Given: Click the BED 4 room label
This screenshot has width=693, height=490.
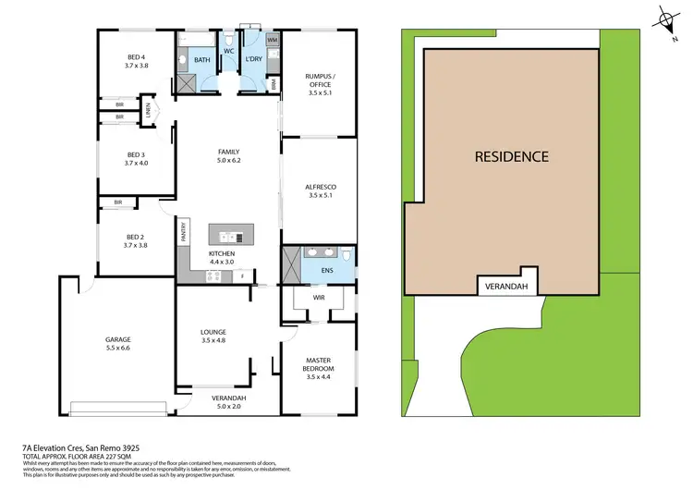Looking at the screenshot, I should pos(136,61).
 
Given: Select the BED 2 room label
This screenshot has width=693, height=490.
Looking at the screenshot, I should pos(136,240).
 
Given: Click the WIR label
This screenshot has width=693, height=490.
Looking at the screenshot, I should pos(317,299).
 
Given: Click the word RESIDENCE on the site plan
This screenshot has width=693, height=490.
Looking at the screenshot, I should pos(511,156).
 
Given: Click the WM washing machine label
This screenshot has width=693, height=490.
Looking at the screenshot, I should pos(272,41).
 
